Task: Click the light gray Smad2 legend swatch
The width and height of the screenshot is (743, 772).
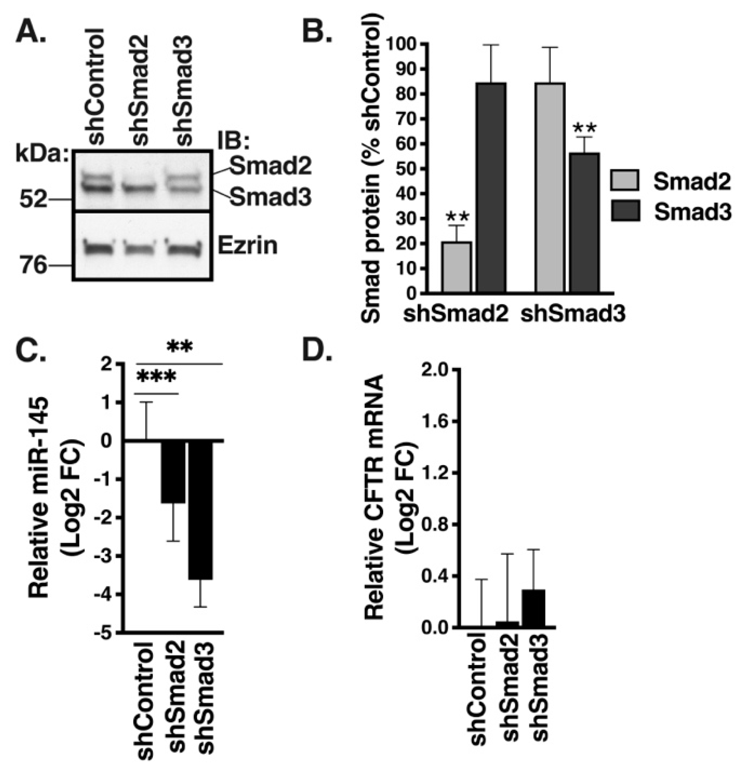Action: pyautogui.click(x=625, y=180)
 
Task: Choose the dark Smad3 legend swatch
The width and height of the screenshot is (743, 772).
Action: pyautogui.click(x=625, y=211)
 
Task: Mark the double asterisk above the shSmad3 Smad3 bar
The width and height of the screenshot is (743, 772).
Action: pyautogui.click(x=585, y=128)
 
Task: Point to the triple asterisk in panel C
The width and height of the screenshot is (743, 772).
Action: pyautogui.click(x=156, y=377)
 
